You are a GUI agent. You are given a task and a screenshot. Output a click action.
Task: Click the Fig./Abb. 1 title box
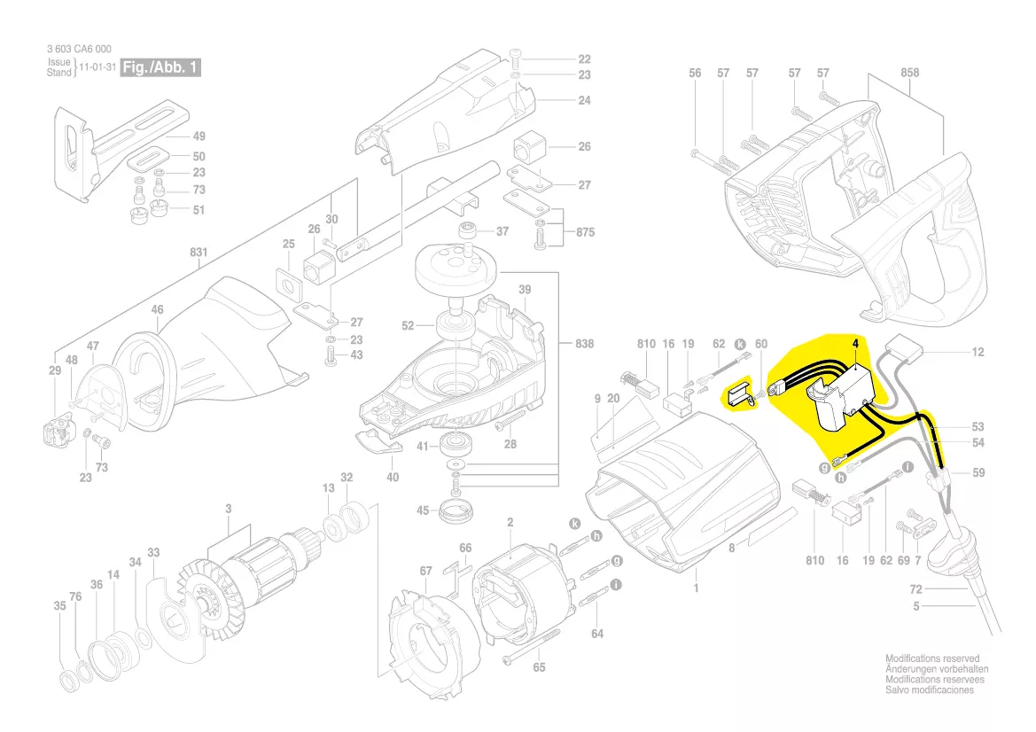[x=160, y=68]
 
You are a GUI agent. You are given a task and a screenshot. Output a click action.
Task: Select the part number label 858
[x=910, y=73]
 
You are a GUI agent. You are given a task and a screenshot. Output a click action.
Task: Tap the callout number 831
[x=199, y=252]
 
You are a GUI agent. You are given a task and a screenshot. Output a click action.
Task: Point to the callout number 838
[x=584, y=343]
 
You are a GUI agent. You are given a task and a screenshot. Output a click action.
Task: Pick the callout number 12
[x=978, y=352]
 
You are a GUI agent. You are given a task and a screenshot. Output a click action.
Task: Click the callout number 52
[x=408, y=326]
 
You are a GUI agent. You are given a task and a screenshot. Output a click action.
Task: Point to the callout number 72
[x=916, y=588]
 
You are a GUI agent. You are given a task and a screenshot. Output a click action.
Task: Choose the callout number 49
[x=199, y=136]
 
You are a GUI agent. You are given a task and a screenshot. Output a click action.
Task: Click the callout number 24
[x=584, y=100]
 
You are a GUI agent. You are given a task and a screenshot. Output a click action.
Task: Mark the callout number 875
[x=584, y=233]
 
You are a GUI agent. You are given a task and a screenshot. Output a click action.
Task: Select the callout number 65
[x=539, y=667]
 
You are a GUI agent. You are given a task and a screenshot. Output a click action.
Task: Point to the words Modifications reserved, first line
[x=932, y=658]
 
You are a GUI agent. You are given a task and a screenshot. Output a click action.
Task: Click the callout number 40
[x=393, y=477]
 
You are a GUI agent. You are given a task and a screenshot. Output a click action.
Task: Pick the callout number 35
[x=59, y=606]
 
